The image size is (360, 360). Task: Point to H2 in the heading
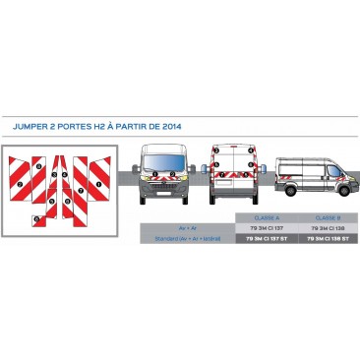(x=101, y=126)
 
